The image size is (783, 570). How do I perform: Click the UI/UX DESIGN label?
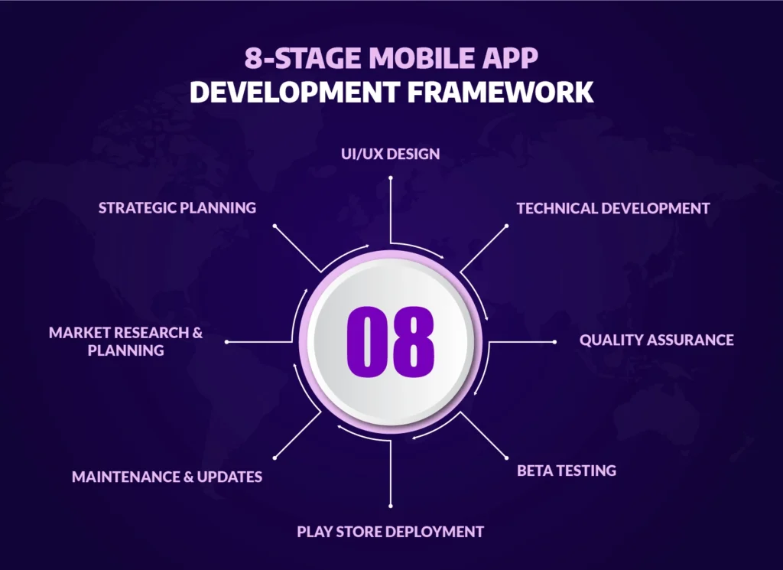coord(390,154)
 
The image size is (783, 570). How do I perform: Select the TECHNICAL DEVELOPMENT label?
coord(612,208)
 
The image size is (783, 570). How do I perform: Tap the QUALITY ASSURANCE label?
coord(656,340)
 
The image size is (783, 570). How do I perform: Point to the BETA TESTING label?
coord(566,471)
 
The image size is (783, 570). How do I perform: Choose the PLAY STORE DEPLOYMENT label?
coord(390,531)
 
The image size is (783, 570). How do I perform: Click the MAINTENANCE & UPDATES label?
coord(167,477)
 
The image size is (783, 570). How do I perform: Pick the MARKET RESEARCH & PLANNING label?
coord(126,341)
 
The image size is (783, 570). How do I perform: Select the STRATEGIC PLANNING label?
coord(177,207)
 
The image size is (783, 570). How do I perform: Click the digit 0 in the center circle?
coord(365,341)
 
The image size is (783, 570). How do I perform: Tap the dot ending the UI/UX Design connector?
coord(390,178)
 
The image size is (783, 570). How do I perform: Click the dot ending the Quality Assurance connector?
coord(554,341)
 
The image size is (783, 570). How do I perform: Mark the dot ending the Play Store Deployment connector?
coord(390,506)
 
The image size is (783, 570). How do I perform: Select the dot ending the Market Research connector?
coord(227,341)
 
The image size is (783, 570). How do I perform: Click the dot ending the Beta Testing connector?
coord(506,458)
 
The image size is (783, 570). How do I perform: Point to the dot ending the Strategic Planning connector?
coord(274,226)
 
